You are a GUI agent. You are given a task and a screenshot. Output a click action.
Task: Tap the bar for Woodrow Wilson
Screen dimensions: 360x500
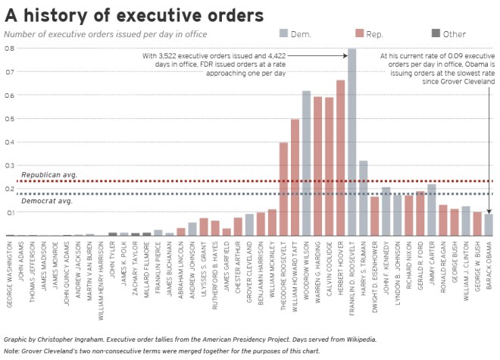[x=306, y=163]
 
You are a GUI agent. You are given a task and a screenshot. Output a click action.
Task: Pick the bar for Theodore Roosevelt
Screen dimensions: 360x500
[x=283, y=189]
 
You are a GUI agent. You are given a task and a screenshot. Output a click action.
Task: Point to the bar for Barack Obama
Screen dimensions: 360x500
[x=489, y=225]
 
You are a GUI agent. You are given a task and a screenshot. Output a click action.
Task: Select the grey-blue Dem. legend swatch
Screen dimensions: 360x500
[x=284, y=33]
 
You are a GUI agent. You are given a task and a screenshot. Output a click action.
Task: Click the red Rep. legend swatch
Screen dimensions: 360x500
[x=360, y=33]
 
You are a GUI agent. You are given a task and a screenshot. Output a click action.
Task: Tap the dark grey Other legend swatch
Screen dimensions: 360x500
[x=436, y=33]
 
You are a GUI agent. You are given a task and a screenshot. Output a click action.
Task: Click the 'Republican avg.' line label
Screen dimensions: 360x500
[x=49, y=175]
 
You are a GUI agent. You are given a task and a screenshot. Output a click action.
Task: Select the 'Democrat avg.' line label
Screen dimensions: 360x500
[x=47, y=201]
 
